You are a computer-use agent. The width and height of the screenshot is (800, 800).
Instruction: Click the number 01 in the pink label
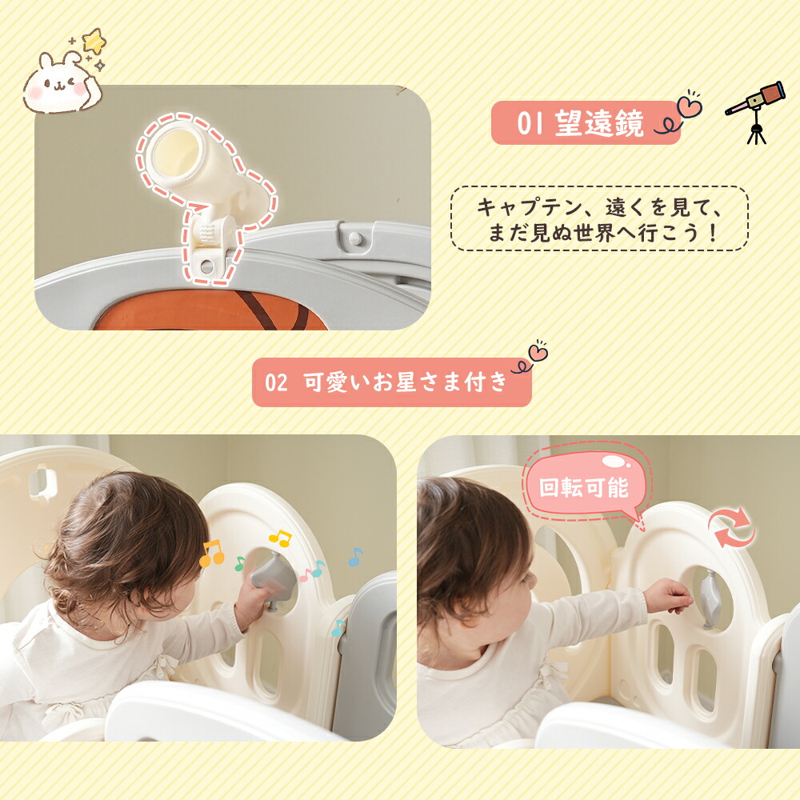coord(530,123)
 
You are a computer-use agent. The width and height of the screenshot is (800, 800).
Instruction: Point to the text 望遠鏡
coord(599,123)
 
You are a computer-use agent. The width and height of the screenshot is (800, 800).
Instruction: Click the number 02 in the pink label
coord(276,382)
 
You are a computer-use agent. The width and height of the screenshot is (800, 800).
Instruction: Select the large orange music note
coord(211,554)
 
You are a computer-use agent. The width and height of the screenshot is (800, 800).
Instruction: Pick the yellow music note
coord(280,538)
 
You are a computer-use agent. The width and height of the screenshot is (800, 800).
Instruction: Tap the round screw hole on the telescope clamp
coord(206,266)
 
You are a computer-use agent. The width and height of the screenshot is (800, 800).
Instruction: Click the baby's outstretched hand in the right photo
coord(668,595)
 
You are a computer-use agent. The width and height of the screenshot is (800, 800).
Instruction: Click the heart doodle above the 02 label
coord(538,351)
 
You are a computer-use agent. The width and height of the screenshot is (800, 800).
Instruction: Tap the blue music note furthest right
coord(355,557)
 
